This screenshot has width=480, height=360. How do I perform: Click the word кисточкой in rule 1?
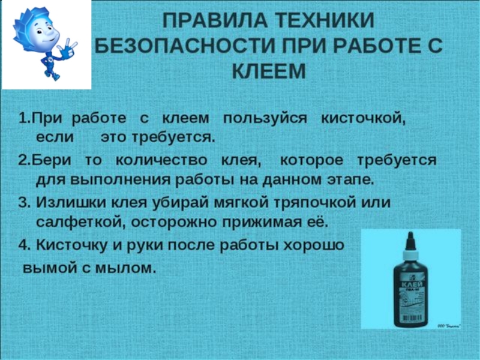pyautogui.click(x=364, y=118)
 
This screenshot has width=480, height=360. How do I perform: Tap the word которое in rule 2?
pyautogui.click(x=312, y=160)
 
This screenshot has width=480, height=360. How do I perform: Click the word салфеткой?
pyautogui.click(x=71, y=221)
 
